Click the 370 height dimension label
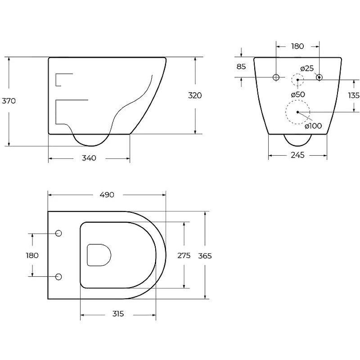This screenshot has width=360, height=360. [x=9, y=101]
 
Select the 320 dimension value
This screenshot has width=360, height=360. [x=195, y=95]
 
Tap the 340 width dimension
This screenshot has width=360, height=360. [x=89, y=158]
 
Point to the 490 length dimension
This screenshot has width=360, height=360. [x=107, y=195]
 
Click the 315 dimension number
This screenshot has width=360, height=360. [x=118, y=314]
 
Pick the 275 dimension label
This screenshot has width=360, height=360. [x=184, y=255]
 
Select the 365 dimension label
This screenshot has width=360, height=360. [x=205, y=256]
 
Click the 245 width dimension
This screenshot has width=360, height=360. [x=297, y=155]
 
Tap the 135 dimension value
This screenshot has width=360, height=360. [x=354, y=95]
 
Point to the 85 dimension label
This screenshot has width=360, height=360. [x=241, y=67]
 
